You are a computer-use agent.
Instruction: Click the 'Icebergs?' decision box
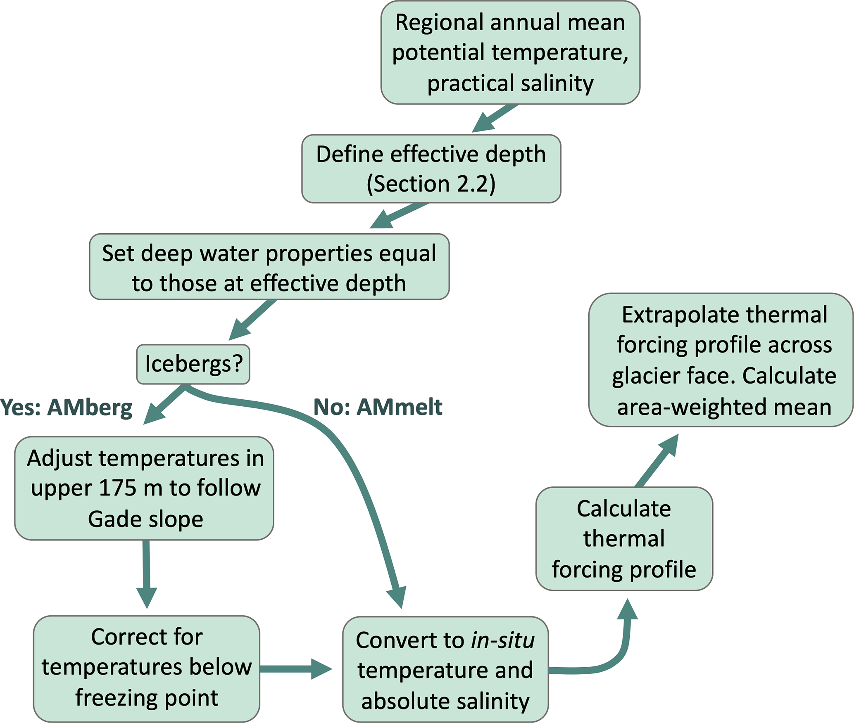(193, 364)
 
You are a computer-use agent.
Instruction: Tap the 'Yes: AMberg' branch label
(66, 408)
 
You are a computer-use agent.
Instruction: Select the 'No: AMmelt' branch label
(378, 407)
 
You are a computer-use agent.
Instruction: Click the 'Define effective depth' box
(431, 168)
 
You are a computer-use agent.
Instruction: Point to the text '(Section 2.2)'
(431, 184)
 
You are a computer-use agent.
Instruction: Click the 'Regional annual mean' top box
(510, 52)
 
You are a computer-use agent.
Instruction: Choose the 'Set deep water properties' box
(269, 267)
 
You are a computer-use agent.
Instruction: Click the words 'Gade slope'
(145, 519)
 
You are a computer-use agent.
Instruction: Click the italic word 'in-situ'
(503, 640)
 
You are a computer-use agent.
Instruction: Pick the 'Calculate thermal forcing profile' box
(624, 539)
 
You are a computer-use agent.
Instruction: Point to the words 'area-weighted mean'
(724, 407)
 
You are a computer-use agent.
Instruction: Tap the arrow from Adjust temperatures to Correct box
(146, 574)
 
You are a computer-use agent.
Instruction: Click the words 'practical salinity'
(510, 83)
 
